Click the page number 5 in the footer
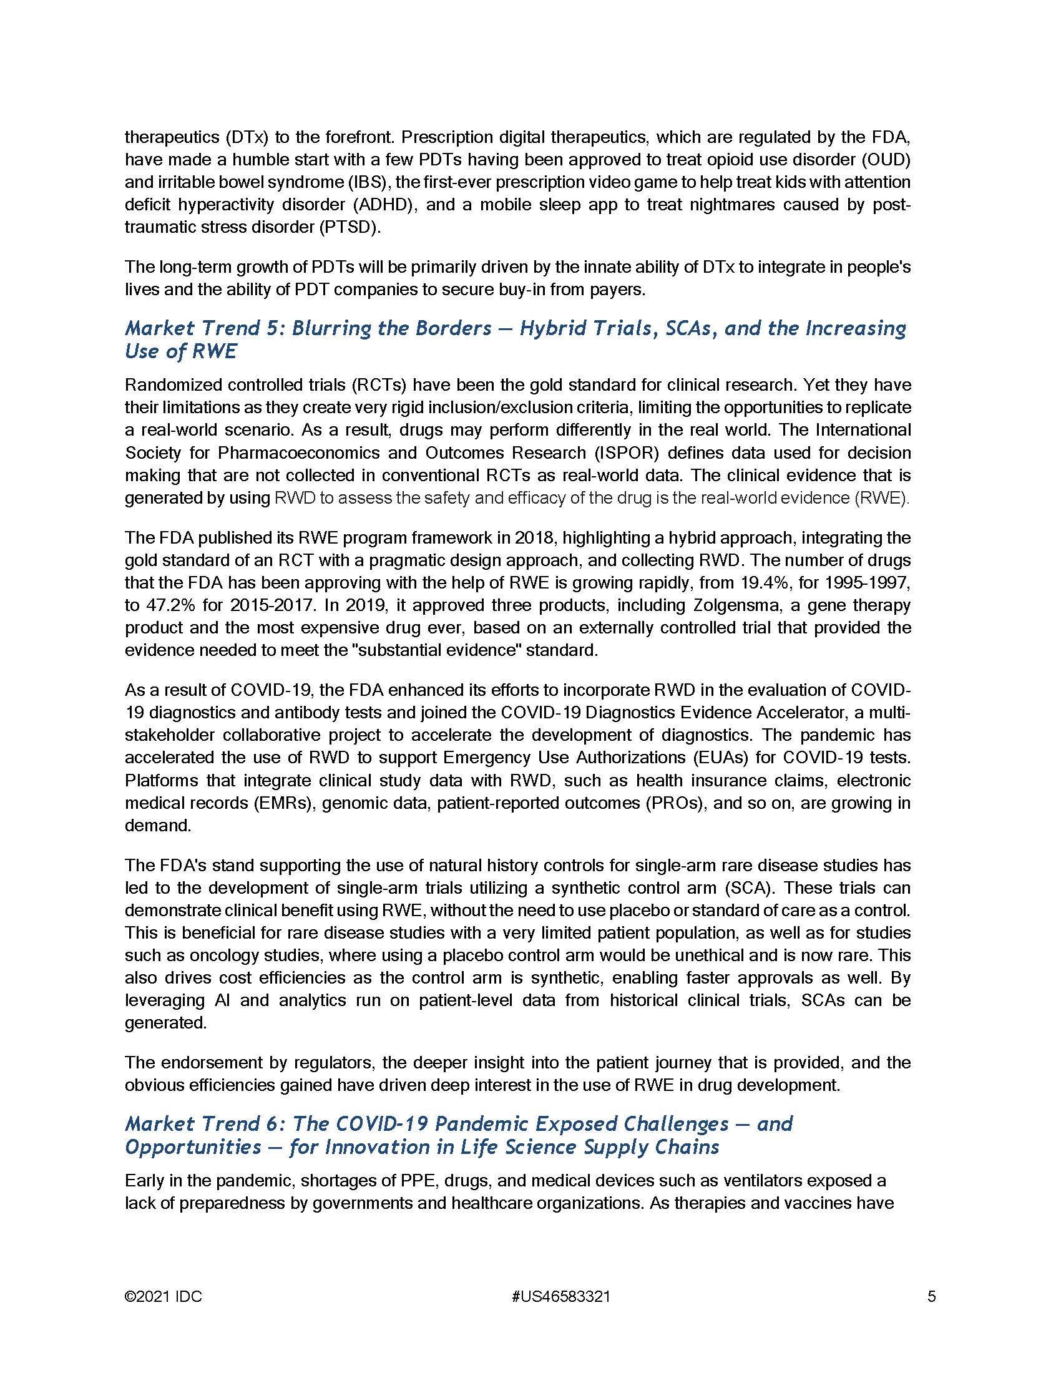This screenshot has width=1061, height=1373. coord(932,1296)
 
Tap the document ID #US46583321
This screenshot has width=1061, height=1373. coord(561,1296)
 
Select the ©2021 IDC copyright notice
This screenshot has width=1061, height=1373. coord(164,1296)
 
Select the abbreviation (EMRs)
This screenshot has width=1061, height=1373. coord(283,803)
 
